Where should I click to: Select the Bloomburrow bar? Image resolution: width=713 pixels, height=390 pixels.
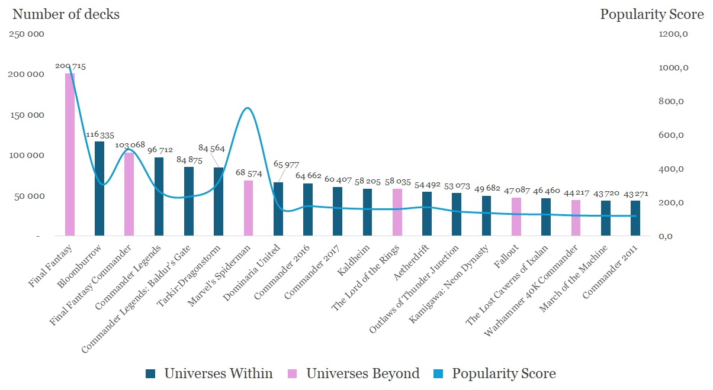(99, 188)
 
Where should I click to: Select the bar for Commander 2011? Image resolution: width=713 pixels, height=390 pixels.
(635, 218)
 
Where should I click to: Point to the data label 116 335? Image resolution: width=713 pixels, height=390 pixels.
(100, 135)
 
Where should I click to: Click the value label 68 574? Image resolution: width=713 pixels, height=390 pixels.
(249, 173)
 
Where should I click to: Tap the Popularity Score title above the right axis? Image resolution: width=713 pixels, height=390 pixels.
(652, 14)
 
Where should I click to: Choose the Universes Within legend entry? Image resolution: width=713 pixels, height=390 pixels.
(210, 373)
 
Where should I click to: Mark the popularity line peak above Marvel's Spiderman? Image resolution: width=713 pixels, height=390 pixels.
(248, 108)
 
